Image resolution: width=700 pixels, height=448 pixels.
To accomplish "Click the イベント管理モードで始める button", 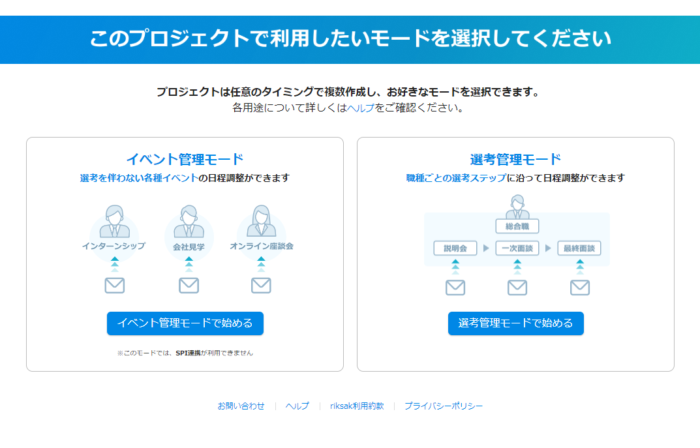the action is (x=185, y=323).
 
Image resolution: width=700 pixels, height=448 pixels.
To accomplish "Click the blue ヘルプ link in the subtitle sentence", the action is (x=360, y=108).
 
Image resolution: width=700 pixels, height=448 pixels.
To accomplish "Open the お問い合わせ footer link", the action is (x=241, y=406).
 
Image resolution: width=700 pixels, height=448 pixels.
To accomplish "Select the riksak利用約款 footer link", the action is (x=357, y=406).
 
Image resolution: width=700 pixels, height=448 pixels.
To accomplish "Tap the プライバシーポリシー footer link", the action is (x=444, y=406).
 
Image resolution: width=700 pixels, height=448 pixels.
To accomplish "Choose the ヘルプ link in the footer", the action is (x=297, y=406).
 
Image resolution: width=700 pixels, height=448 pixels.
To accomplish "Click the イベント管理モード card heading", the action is (x=185, y=159).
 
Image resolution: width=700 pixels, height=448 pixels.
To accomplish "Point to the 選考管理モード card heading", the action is (x=515, y=159).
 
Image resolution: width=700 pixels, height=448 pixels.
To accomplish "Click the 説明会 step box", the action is (x=455, y=248).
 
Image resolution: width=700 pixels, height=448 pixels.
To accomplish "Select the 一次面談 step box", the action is (x=517, y=248).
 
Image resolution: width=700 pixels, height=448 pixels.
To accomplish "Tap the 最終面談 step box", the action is (x=579, y=248).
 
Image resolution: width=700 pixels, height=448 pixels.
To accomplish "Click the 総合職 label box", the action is (x=517, y=226).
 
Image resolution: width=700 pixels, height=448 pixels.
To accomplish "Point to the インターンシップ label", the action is (x=114, y=246).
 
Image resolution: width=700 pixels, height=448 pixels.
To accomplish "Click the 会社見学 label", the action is (x=189, y=246).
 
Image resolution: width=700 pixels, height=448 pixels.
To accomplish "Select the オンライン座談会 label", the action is (x=262, y=246).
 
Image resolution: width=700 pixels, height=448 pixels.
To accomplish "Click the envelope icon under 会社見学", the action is (x=189, y=285).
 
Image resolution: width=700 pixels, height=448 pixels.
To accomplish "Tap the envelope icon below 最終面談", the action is (x=580, y=288).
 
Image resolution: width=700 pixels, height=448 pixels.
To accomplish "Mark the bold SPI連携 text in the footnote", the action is (x=189, y=353).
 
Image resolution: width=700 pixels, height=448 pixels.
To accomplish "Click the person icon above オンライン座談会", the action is (x=261, y=220).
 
